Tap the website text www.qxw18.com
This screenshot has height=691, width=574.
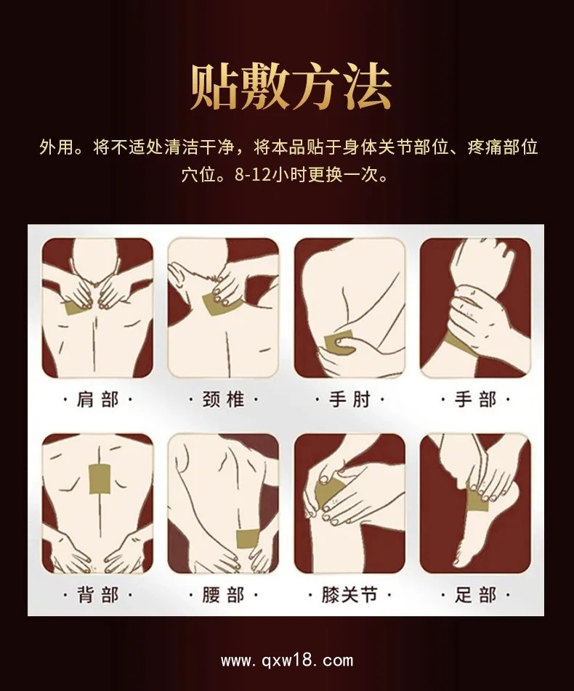(x=287, y=661)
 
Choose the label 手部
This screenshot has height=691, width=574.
(x=475, y=400)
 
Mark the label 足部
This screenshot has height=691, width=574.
(x=475, y=596)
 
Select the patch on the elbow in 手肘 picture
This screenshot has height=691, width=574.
(x=338, y=342)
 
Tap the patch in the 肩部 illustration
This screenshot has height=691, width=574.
(x=75, y=306)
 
